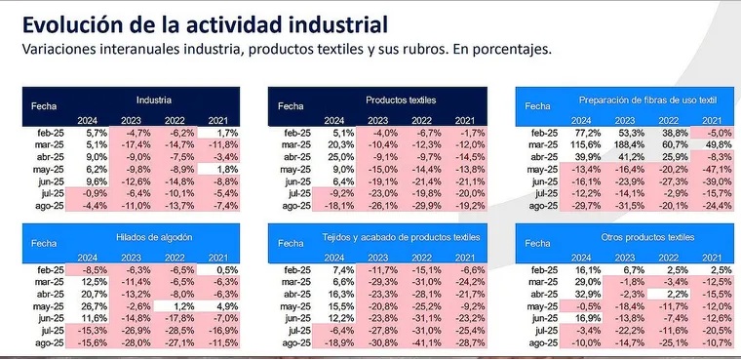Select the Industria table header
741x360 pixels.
point(154,100)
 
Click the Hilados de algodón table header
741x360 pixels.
point(154,237)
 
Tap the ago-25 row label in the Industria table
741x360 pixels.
point(50,206)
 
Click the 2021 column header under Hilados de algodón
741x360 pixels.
point(217,258)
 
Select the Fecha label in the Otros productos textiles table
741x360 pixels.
point(537,244)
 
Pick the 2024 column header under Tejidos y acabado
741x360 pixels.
point(334,258)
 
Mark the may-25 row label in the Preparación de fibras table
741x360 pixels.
point(542,170)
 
